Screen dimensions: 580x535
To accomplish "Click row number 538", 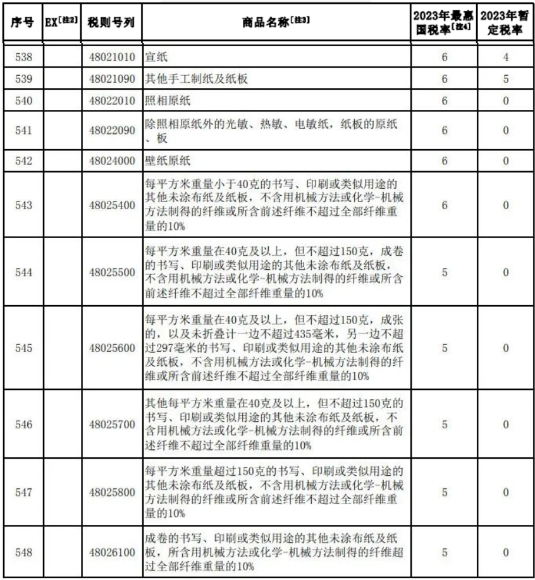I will click(x=23, y=57).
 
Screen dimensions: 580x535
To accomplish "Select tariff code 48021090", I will click(x=112, y=79).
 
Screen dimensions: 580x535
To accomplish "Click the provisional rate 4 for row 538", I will click(x=505, y=57).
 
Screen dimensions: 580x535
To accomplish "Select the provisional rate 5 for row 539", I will click(x=505, y=79).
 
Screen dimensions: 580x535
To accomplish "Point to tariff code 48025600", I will click(x=112, y=347).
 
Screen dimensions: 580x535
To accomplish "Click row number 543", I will click(x=23, y=205).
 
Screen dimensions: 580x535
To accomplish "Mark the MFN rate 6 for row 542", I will click(x=444, y=160).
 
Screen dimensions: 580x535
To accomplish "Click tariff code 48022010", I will click(x=112, y=100).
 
